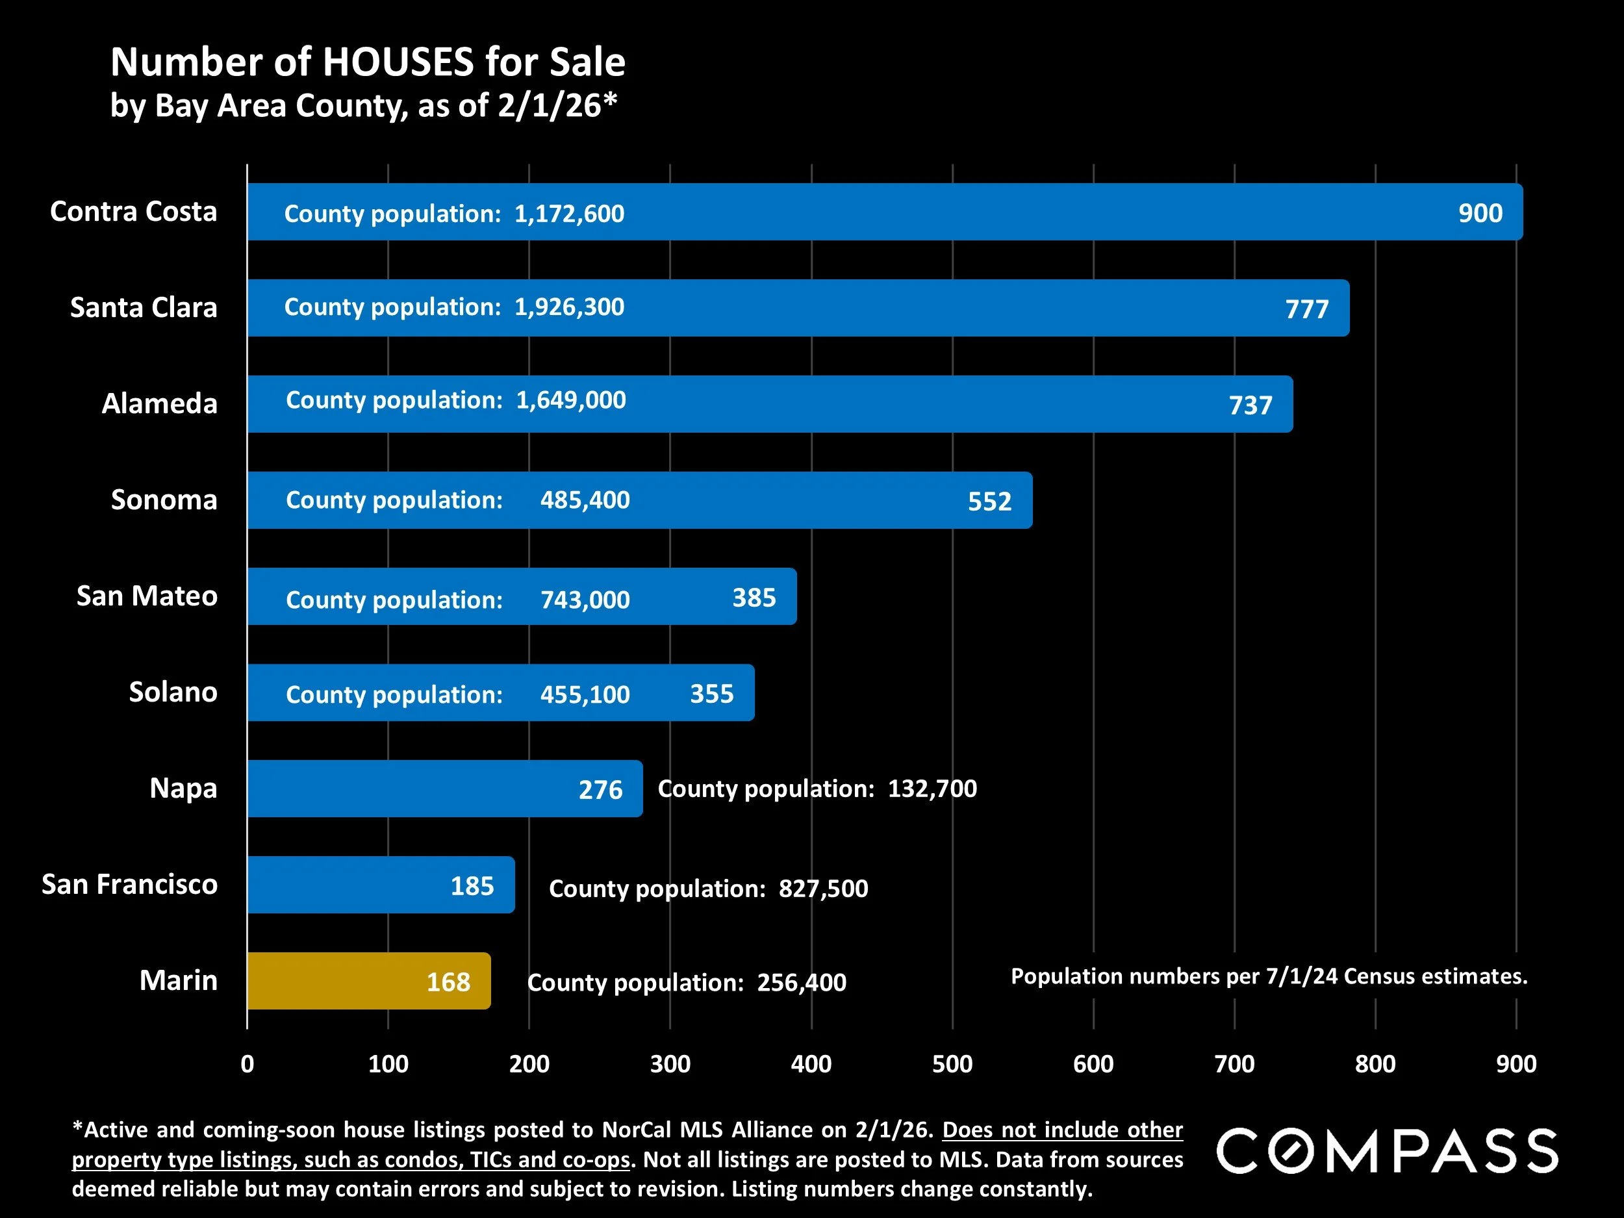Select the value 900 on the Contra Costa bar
(1480, 213)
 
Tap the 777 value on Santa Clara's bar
(1307, 309)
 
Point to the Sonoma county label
(164, 500)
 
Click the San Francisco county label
(129, 885)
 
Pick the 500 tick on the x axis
(952, 1064)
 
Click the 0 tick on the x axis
(247, 1064)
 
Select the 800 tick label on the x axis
(1375, 1064)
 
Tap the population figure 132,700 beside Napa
(932, 789)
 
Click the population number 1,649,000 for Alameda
(570, 400)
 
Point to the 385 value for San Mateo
(754, 598)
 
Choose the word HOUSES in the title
(399, 62)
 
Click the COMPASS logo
(1388, 1150)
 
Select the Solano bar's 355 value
(711, 694)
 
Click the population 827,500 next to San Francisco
(823, 889)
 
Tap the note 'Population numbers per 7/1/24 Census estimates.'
(1269, 976)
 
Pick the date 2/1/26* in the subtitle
(557, 106)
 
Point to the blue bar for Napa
(411, 789)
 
